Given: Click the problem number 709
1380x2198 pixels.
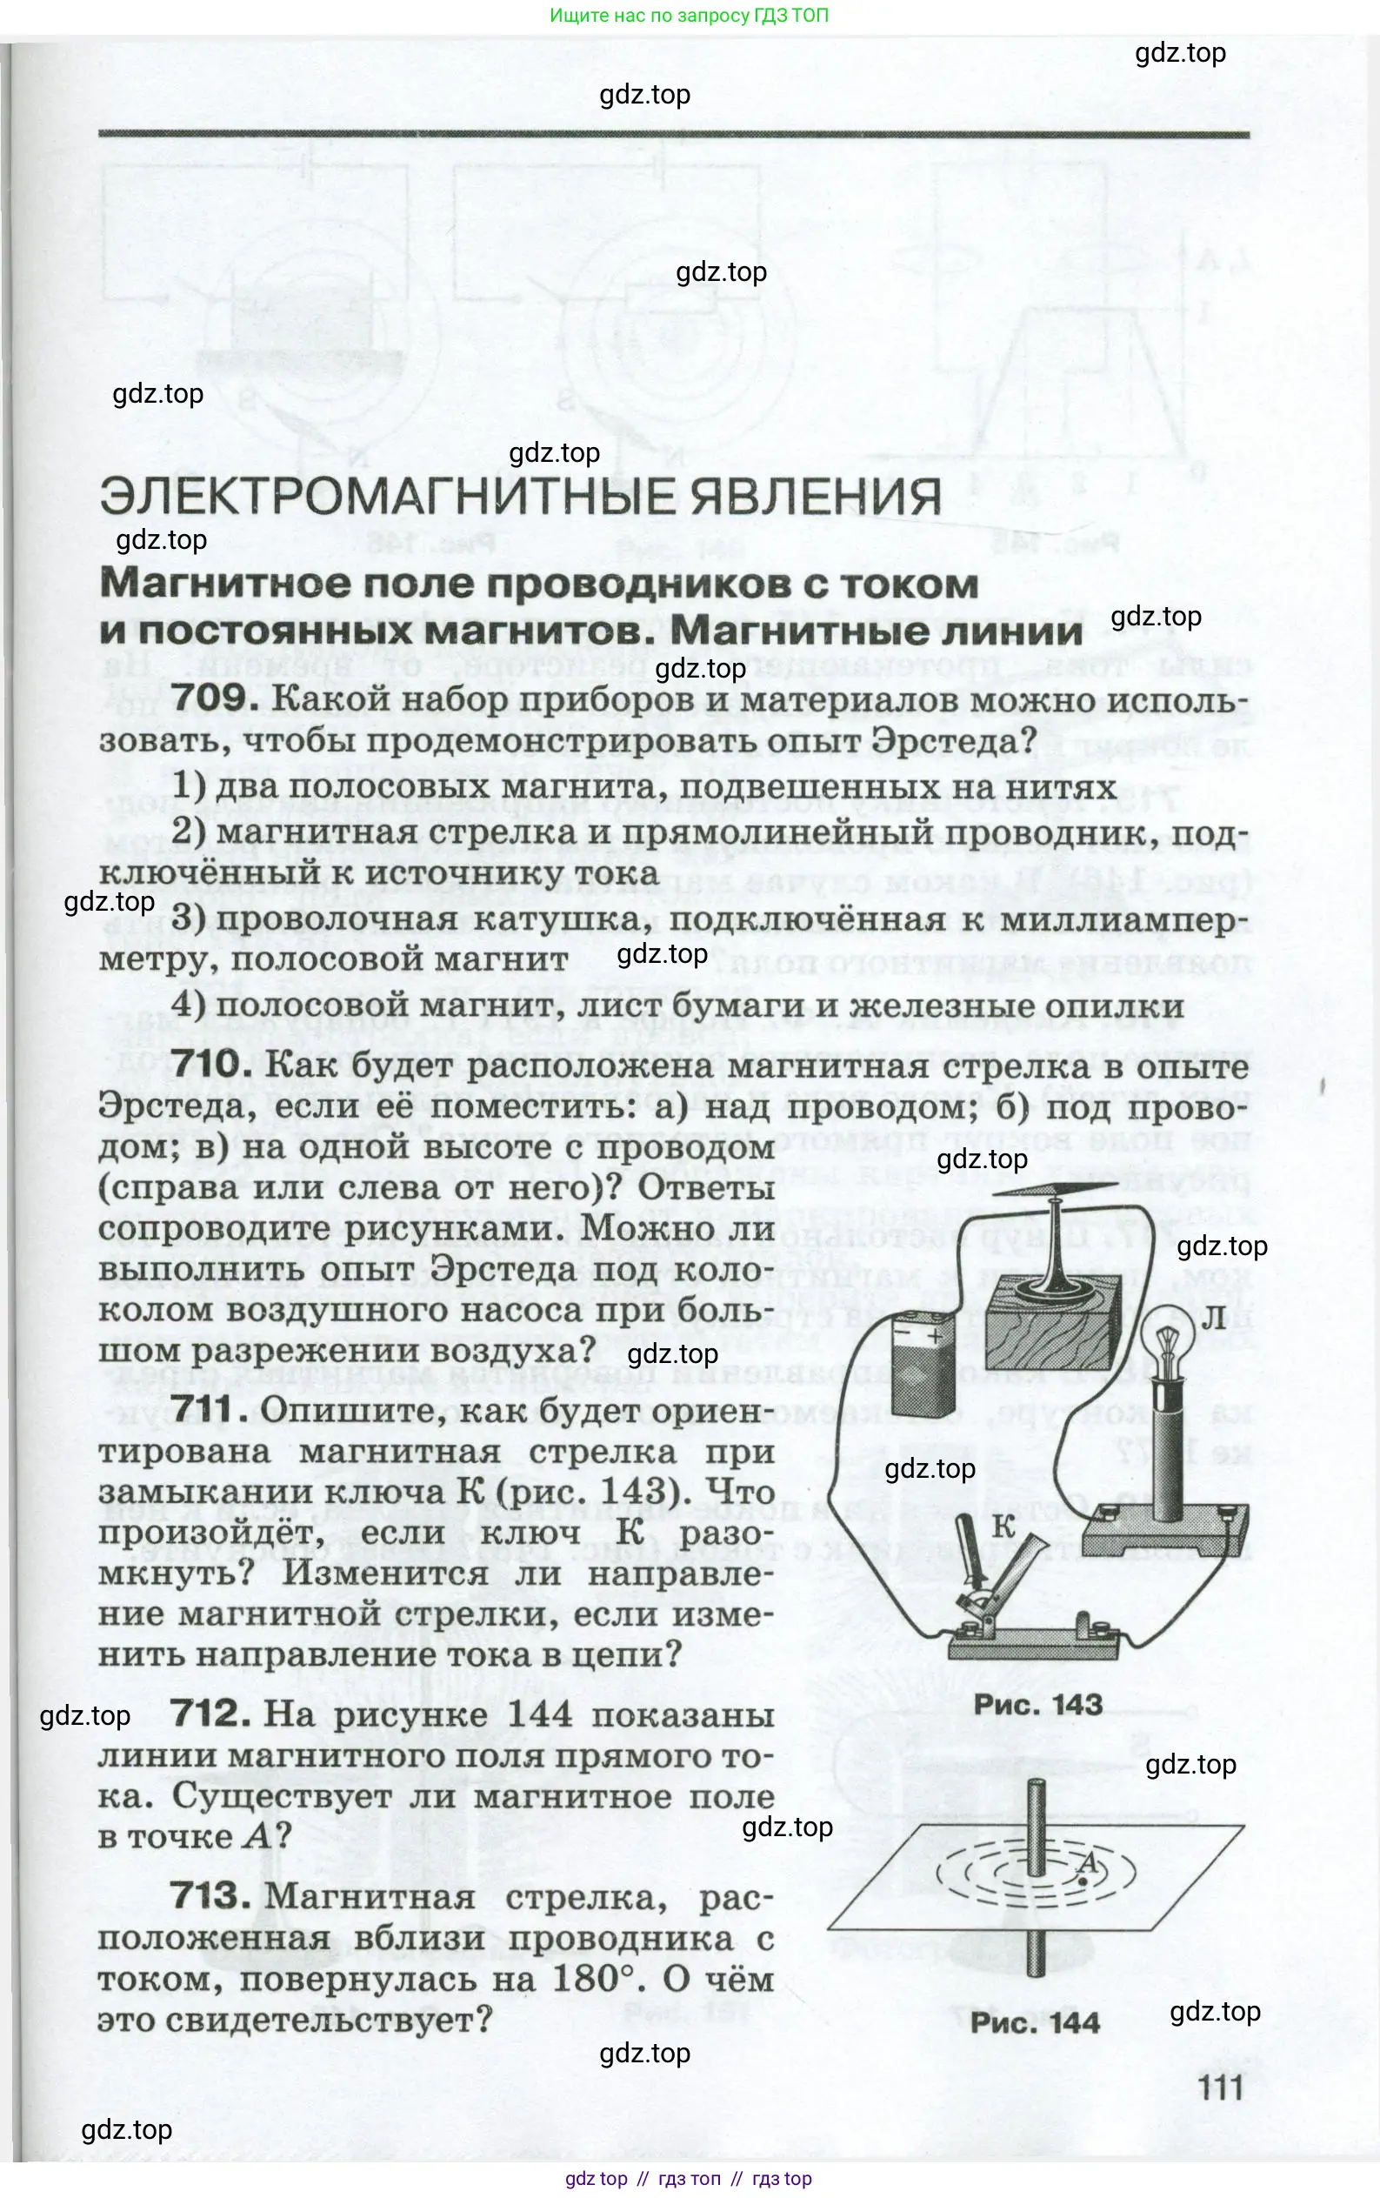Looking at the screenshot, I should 210,698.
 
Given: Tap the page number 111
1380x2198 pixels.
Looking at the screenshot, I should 1221,2088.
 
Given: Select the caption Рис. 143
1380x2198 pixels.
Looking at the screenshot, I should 1037,1704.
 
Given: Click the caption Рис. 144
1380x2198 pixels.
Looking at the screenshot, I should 1035,2023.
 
